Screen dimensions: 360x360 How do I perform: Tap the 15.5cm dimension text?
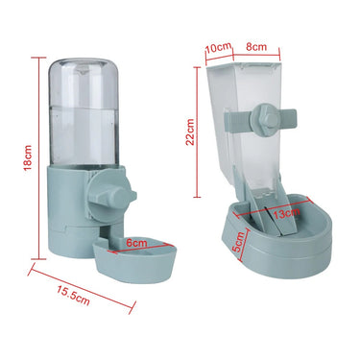[x=72, y=299]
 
